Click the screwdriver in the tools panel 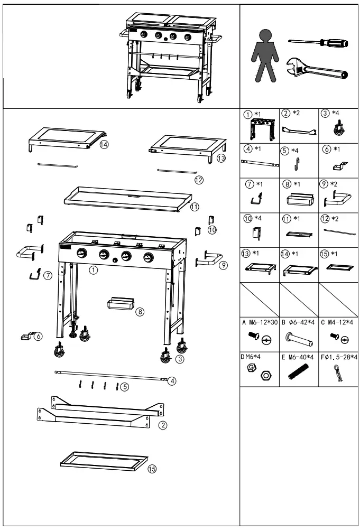(x=318, y=43)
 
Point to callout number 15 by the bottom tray (x=152, y=469)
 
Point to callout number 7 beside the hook (x=49, y=275)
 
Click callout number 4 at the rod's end (x=172, y=380)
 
